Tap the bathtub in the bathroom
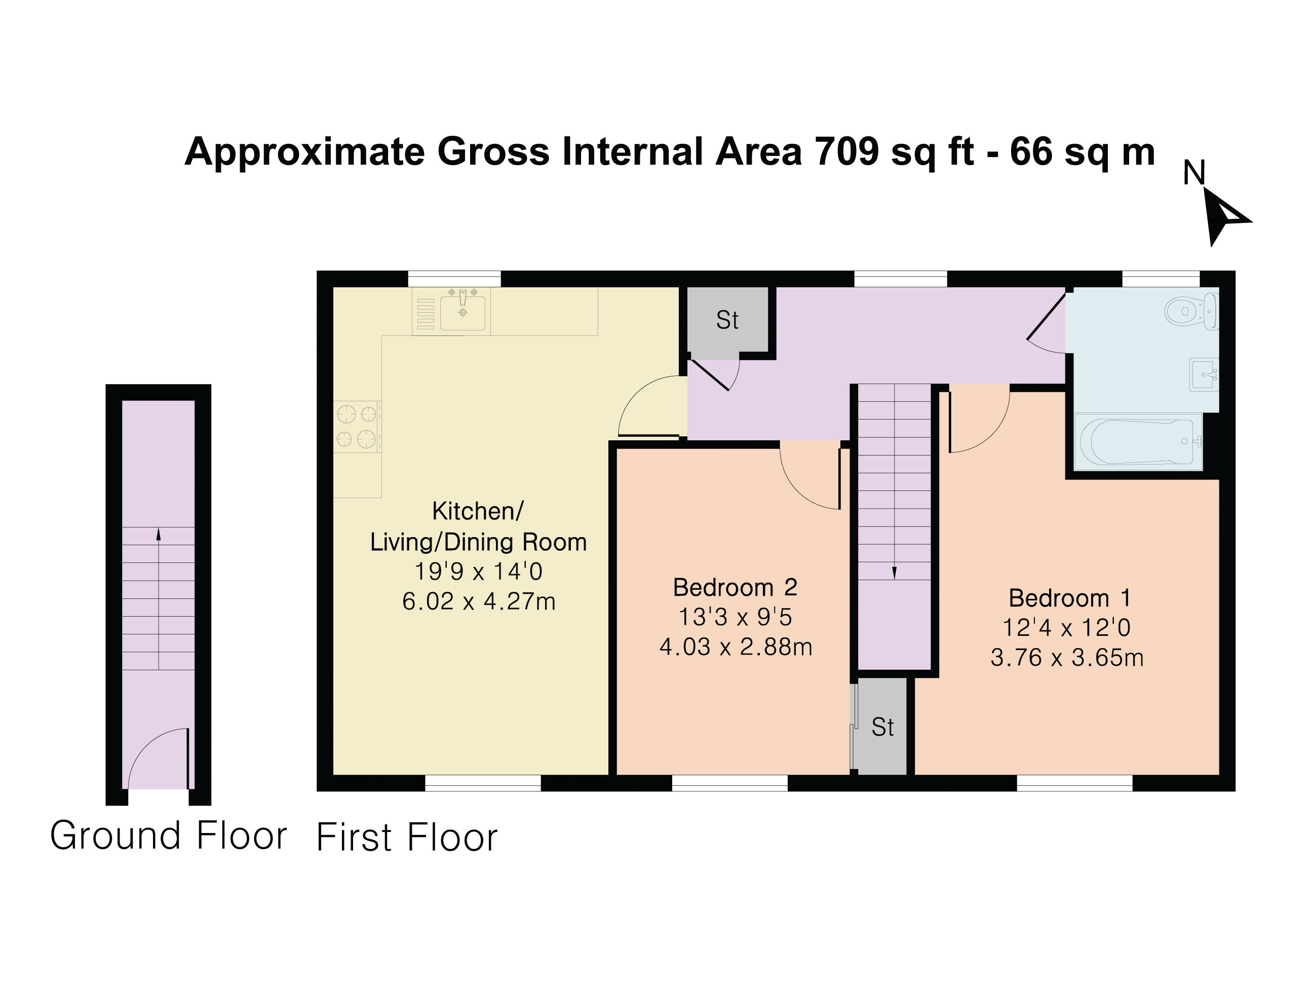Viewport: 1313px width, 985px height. [x=1137, y=442]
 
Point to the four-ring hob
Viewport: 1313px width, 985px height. [x=357, y=426]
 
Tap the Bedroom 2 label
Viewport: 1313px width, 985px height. [x=735, y=587]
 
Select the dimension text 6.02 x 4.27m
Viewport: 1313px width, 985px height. [x=478, y=601]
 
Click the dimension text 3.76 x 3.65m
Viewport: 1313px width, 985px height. [x=1067, y=657]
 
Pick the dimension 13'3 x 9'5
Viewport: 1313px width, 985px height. [x=735, y=617]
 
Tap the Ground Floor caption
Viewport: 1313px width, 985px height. [x=169, y=836]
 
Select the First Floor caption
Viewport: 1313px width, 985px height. [x=407, y=837]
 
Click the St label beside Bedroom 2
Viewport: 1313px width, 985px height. [x=882, y=727]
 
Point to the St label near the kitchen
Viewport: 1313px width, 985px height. [x=727, y=321]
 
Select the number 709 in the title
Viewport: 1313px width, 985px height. [x=846, y=151]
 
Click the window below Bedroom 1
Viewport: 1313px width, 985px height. [x=1074, y=783]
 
